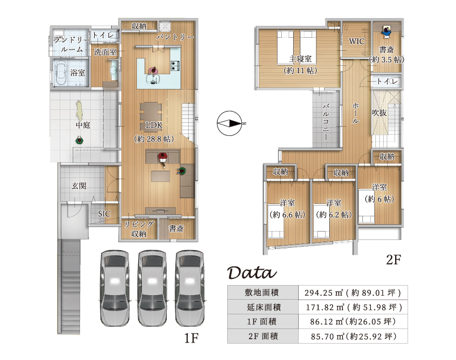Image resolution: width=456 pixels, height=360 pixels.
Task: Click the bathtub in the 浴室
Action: point(61,73)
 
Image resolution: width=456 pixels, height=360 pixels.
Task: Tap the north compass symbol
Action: point(231,123)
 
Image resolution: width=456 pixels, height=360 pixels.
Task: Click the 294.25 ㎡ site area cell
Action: point(353,292)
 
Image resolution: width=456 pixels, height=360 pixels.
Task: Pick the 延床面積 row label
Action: point(263,307)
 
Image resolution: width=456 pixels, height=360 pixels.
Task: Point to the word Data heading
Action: point(252,273)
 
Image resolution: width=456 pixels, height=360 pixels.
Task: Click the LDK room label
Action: point(154,125)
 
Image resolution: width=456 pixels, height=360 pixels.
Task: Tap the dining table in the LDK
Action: point(150,112)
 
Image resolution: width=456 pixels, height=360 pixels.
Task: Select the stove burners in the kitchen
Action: point(175,65)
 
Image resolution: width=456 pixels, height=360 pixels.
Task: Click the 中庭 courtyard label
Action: point(83,125)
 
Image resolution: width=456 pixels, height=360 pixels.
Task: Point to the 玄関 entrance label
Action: point(79,186)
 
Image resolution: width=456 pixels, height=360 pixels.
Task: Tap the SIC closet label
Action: point(104,214)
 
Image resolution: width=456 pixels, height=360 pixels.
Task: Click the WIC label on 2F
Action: point(357,41)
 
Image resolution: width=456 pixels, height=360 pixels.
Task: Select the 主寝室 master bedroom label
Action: point(300,59)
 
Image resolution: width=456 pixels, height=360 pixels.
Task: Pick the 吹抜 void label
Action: point(379,113)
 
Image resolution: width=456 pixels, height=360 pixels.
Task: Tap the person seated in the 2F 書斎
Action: point(386,32)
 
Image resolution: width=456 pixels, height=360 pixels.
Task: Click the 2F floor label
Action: point(393,260)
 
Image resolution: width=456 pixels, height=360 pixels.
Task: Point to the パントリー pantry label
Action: point(175,37)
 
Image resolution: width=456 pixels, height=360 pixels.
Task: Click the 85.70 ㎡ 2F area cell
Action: point(353,336)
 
